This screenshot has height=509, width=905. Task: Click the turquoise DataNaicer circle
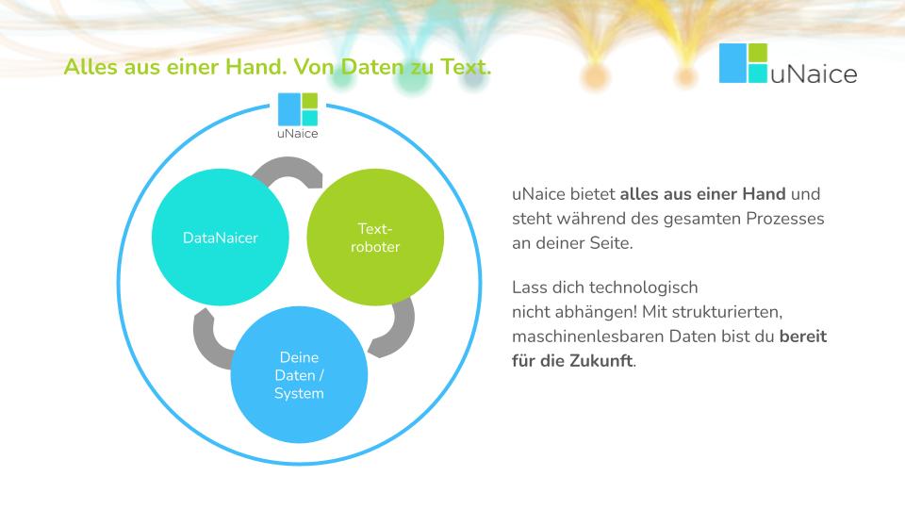pyautogui.click(x=220, y=238)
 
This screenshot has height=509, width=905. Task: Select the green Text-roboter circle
pyautogui.click(x=375, y=238)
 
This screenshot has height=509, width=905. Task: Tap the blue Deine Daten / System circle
pyautogui.click(x=299, y=374)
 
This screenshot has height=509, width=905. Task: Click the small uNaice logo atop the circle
pyautogui.click(x=298, y=116)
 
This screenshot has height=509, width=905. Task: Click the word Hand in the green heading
pyautogui.click(x=255, y=67)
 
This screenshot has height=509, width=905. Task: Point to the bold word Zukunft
pyautogui.click(x=601, y=361)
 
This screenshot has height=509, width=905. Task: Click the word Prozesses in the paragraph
pyautogui.click(x=785, y=219)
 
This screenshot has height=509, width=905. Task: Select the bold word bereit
pyautogui.click(x=803, y=336)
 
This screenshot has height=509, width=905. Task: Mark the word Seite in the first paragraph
pyautogui.click(x=611, y=243)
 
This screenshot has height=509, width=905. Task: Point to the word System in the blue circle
pyautogui.click(x=299, y=394)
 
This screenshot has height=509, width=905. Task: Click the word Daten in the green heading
pyautogui.click(x=372, y=67)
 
